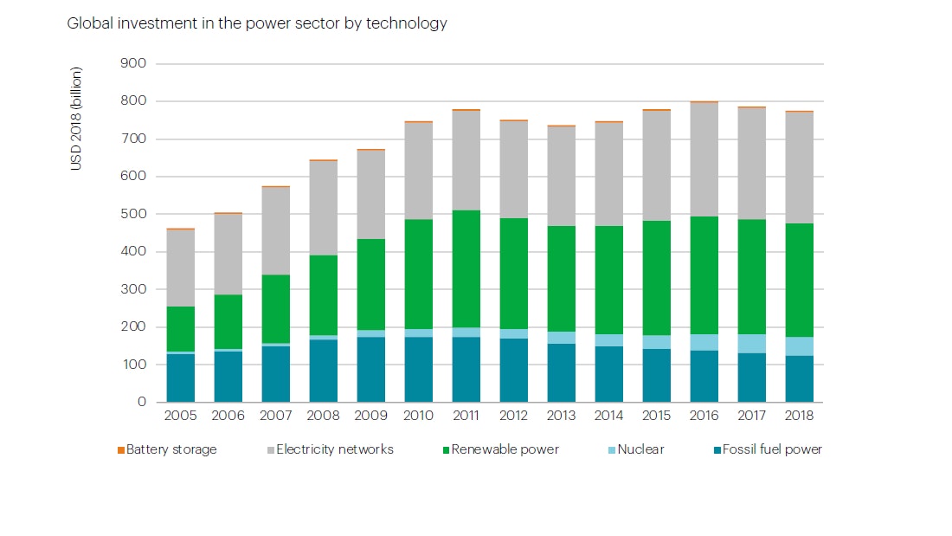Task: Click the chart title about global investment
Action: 257,23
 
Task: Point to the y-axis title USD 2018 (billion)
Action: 76,119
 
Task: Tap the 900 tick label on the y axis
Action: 135,64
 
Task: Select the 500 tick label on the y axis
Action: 135,214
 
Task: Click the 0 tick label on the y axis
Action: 141,403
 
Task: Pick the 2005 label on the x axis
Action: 181,416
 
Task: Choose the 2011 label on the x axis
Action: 466,416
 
